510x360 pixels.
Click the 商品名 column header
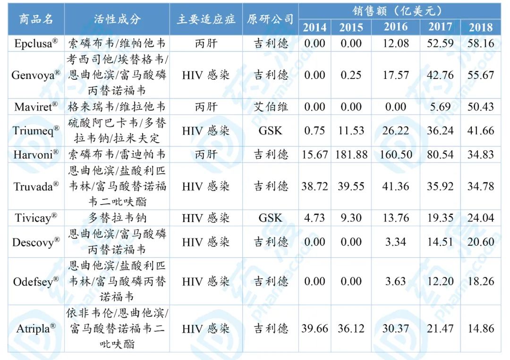(36, 19)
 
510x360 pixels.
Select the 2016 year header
(396, 26)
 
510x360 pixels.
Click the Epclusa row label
(36, 43)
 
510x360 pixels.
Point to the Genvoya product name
(36, 75)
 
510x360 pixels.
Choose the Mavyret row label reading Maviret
(36, 107)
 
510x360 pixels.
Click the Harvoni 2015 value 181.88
(351, 154)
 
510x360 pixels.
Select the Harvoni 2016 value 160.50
(396, 154)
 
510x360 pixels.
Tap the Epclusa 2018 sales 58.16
(481, 43)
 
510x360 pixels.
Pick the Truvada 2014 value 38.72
(315, 186)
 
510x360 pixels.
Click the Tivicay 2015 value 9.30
(351, 218)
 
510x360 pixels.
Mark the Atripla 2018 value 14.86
(481, 328)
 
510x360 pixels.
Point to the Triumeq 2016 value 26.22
(396, 130)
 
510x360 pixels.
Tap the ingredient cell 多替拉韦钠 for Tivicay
(118, 218)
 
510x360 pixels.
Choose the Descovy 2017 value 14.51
(440, 242)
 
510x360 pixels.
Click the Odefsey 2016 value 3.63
(396, 281)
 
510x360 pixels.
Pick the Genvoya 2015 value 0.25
(351, 75)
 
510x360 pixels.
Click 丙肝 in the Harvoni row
(206, 154)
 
